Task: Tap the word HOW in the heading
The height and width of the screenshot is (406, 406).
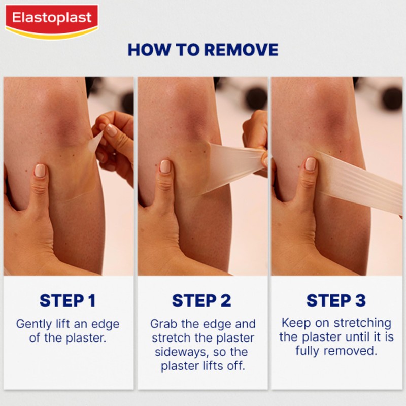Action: (148, 50)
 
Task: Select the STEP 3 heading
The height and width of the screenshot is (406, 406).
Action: (336, 300)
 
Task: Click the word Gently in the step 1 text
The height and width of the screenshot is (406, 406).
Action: (35, 324)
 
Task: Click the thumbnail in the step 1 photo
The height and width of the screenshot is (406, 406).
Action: (40, 170)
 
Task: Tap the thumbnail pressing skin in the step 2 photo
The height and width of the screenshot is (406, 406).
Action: (165, 166)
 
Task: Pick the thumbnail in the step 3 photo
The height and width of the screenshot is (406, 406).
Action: (310, 164)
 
